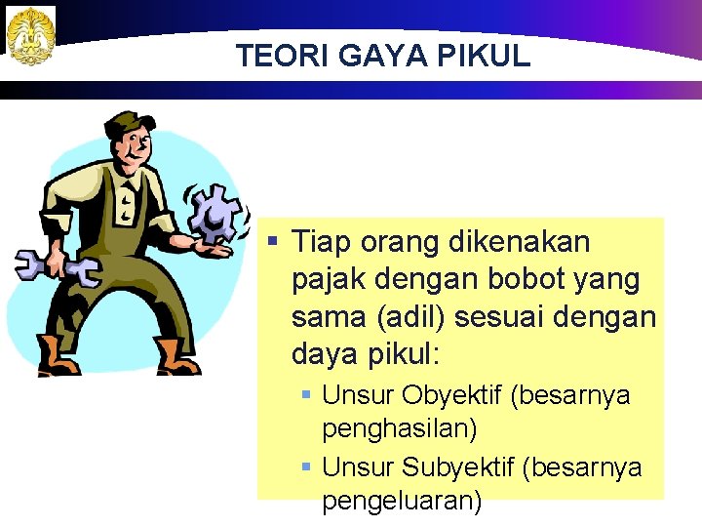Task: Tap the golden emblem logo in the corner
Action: coord(30,35)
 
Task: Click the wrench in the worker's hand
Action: coord(54,264)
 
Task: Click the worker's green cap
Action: coord(129,126)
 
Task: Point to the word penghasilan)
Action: coord(399,428)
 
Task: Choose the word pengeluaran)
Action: coord(402,501)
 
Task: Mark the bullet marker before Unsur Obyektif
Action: coord(305,395)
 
